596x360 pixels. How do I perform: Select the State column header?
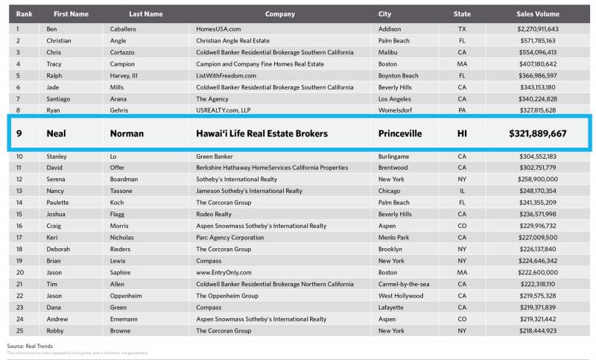tap(462, 14)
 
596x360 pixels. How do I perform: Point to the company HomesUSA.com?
tap(218, 28)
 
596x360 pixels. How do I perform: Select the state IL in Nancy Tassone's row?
tap(462, 191)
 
